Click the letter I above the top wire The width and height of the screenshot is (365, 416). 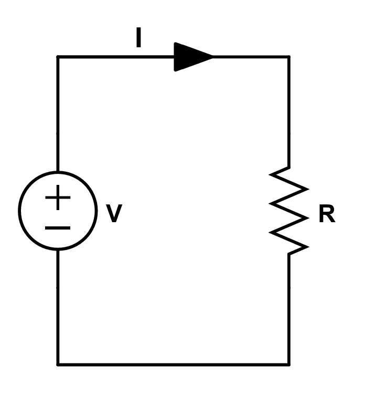point(138,38)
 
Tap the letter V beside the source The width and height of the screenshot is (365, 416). point(114,214)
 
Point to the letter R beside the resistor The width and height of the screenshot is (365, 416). point(326,215)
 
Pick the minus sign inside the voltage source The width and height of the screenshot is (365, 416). point(58,228)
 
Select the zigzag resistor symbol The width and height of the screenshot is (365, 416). point(289,211)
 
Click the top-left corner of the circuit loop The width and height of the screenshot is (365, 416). point(58,56)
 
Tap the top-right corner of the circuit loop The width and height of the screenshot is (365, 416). point(289,56)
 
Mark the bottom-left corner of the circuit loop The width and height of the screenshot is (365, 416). point(58,364)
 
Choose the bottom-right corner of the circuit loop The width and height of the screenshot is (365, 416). point(289,364)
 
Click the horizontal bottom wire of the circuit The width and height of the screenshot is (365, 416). point(173,364)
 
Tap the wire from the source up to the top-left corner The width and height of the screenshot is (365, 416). point(58,113)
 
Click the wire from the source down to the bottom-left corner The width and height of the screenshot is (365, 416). point(58,307)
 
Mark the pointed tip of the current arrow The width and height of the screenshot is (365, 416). point(213,56)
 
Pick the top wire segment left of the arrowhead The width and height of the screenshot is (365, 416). point(115,56)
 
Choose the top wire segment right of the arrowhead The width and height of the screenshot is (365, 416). point(252,56)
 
